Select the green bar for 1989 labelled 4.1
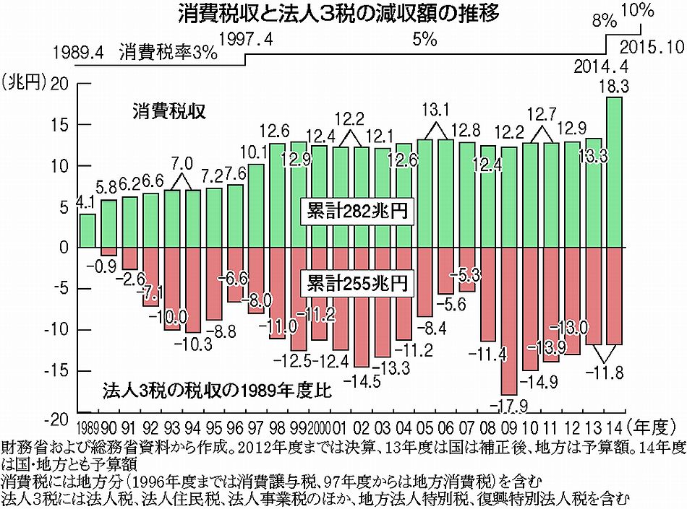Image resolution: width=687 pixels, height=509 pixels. tap(88, 230)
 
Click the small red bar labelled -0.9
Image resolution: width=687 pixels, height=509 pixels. tap(108, 251)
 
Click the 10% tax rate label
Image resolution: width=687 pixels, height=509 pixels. tap(637, 11)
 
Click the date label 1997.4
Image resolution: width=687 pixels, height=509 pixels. tap(245, 40)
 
